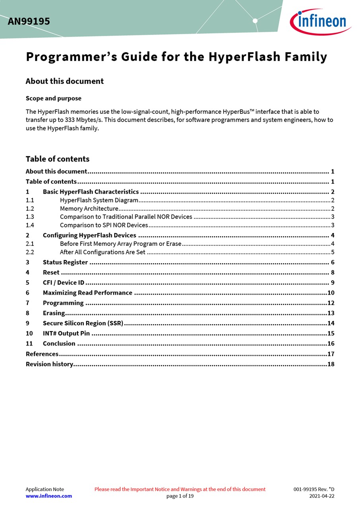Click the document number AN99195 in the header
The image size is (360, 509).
tap(29, 21)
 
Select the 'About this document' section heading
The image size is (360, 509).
tap(64, 81)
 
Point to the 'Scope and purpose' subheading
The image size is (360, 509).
tap(53, 98)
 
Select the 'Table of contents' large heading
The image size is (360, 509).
tap(57, 159)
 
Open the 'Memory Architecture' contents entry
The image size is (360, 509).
tap(89, 208)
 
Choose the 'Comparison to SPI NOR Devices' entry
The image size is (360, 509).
tap(104, 225)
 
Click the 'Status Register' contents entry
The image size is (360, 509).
tap(65, 262)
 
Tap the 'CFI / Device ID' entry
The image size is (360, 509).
tap(64, 283)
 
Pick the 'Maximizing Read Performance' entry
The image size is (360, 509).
tap(88, 293)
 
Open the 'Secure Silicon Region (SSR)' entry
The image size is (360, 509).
tap(83, 323)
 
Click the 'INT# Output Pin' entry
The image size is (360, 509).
tap(66, 333)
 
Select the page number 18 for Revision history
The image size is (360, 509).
tap(331, 364)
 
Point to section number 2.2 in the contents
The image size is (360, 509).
tap(30, 252)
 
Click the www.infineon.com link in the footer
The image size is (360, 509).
tap(49, 496)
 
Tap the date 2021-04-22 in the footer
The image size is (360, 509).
tap(322, 496)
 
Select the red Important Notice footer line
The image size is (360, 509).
tap(180, 489)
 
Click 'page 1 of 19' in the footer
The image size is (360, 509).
tap(180, 496)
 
